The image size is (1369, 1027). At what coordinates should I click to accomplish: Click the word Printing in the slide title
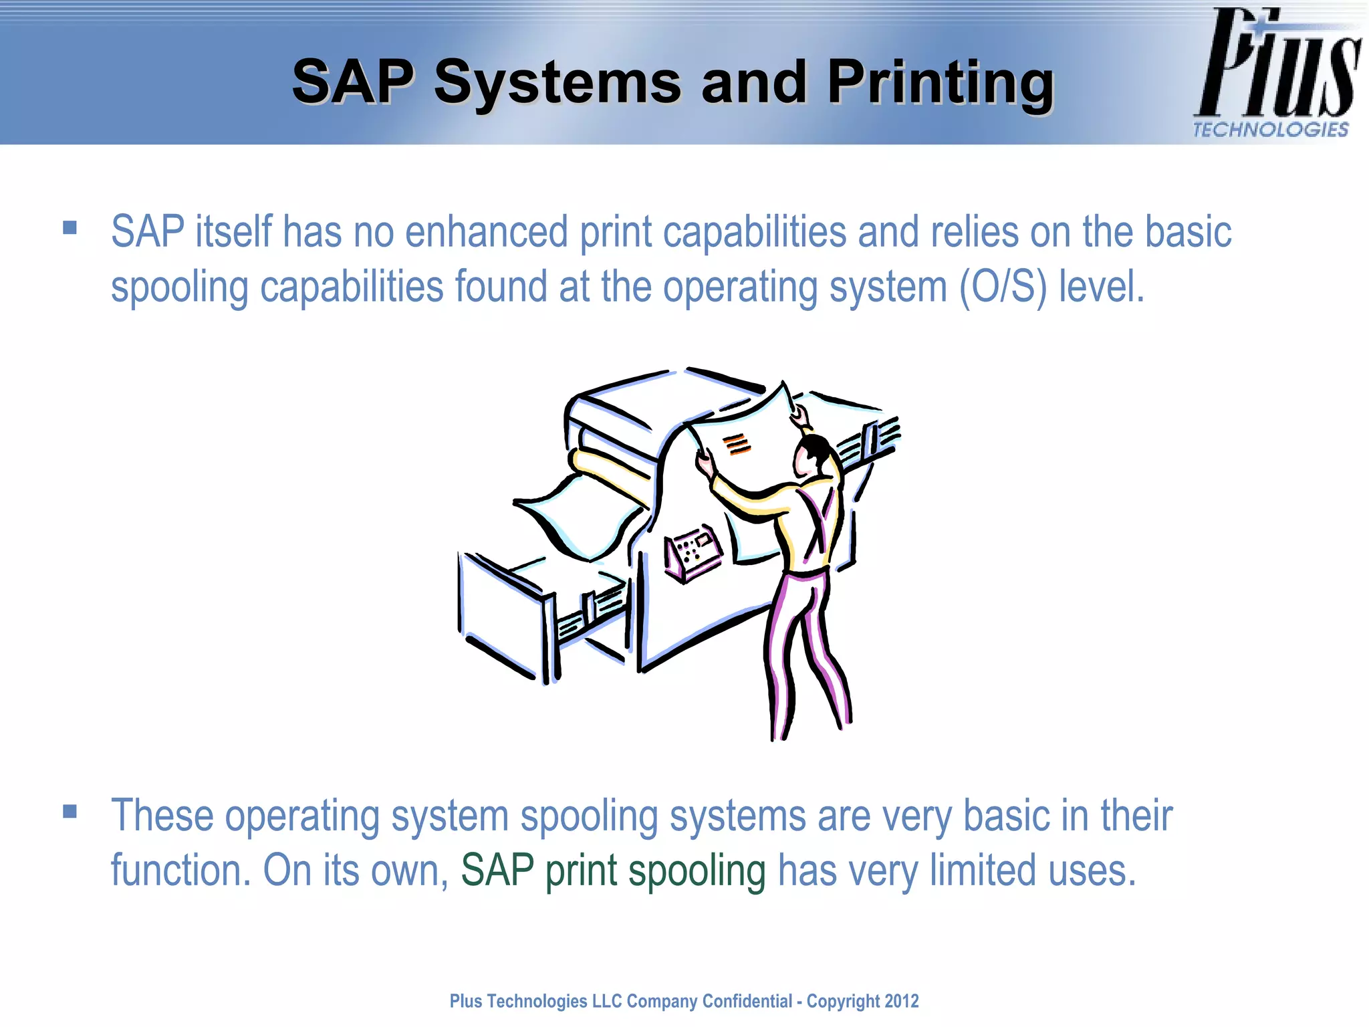point(940,83)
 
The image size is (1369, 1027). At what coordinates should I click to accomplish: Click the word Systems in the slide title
point(557,83)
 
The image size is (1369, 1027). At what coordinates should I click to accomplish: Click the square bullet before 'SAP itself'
point(70,228)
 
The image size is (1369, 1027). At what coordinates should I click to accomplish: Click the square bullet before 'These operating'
point(70,812)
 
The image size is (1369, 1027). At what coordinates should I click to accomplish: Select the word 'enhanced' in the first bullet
point(487,232)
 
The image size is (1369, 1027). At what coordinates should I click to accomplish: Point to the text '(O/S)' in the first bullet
point(1003,288)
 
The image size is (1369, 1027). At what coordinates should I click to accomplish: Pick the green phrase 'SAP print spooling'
point(613,871)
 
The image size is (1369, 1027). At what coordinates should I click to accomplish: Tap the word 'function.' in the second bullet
point(180,871)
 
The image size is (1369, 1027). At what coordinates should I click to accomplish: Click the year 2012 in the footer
point(901,1001)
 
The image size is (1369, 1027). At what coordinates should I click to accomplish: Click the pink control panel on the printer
point(693,552)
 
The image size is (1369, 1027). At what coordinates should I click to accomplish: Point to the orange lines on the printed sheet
point(737,444)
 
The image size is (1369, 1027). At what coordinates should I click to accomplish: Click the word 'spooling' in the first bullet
point(179,288)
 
